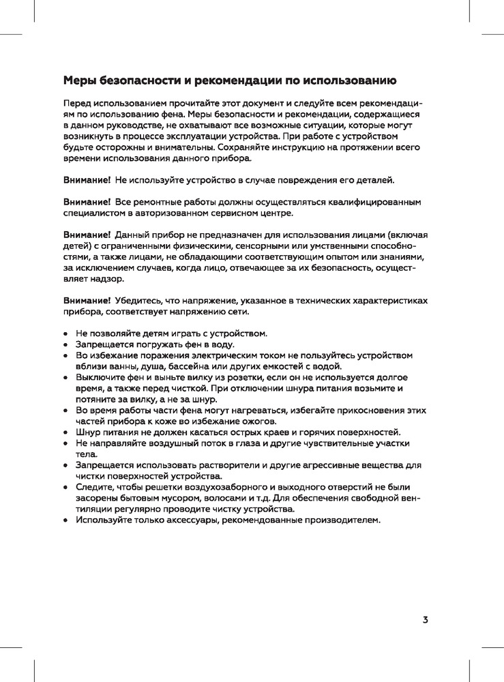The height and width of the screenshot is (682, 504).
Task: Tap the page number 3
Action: click(425, 620)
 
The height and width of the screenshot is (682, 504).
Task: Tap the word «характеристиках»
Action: click(393, 300)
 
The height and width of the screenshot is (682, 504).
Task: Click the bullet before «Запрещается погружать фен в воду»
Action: click(65, 345)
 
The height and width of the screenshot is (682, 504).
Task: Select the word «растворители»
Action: click(211, 465)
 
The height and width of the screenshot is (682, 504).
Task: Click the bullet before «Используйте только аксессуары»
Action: click(65, 520)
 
